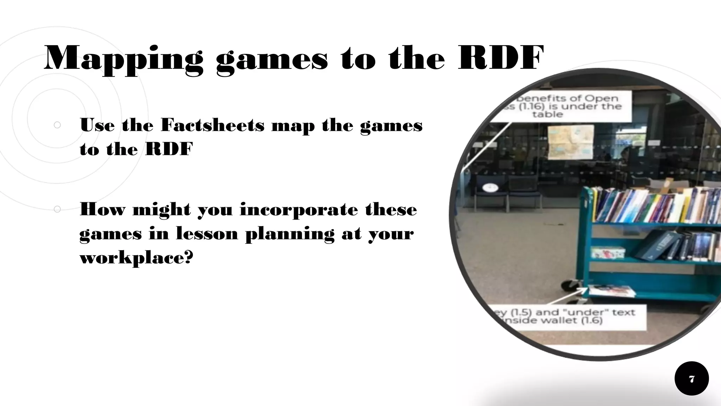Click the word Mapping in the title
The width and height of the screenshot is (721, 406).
click(124, 59)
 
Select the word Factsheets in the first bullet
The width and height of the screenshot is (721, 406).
click(212, 125)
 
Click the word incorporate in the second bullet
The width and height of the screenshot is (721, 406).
click(299, 210)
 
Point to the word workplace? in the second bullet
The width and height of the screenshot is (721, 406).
click(137, 258)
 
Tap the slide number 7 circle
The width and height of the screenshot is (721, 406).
click(691, 379)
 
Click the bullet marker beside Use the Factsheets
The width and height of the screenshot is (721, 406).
click(57, 125)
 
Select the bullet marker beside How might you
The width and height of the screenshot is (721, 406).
click(57, 209)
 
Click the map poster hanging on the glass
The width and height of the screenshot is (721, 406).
click(570, 142)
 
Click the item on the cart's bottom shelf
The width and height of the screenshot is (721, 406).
click(612, 291)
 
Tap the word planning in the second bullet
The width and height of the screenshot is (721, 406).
click(290, 234)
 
